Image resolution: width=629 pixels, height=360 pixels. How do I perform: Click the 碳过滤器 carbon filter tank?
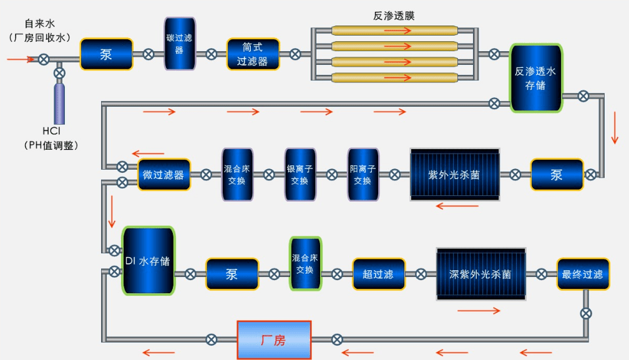click(180, 44)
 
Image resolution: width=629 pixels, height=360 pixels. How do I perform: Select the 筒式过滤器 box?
click(253, 54)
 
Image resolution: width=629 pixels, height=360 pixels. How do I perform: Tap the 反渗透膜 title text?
click(394, 16)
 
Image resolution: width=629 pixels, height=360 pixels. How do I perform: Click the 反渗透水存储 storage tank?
click(536, 78)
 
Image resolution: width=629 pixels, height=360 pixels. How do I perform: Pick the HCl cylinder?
click(59, 103)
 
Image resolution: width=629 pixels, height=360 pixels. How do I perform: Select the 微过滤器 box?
click(163, 175)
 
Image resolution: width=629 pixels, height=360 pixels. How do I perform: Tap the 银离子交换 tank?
click(300, 175)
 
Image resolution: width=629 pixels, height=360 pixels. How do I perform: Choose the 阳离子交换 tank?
click(363, 175)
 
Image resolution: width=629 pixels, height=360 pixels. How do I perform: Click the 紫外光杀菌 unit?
click(454, 175)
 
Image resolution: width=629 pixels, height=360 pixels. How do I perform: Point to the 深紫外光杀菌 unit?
click(480, 274)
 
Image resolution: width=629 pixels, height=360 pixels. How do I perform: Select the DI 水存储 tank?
click(148, 261)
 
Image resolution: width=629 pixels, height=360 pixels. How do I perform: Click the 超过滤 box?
click(378, 274)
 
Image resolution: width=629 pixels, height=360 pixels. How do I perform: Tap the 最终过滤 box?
click(583, 274)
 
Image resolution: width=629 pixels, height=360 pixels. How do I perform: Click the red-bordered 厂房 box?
click(273, 340)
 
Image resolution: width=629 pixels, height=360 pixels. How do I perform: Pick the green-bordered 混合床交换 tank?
click(305, 263)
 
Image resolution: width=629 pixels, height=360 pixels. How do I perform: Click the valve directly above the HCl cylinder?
click(59, 74)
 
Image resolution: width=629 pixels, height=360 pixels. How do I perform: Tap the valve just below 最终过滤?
click(586, 313)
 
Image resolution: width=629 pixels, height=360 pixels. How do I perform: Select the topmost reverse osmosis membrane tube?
click(394, 30)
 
